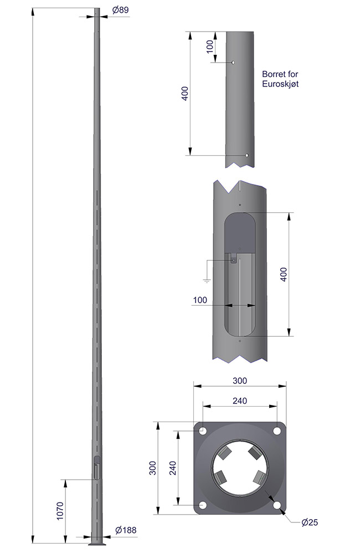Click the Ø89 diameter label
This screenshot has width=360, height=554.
121,10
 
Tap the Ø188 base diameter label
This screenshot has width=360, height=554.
126,530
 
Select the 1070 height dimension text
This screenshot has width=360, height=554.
60,511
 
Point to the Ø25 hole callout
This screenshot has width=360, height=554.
310,522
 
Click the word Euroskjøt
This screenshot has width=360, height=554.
280,84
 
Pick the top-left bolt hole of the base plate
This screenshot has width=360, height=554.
203,431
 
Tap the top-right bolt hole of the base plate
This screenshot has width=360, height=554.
277,431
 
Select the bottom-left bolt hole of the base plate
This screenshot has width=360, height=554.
203,505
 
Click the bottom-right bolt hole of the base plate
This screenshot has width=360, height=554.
277,505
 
